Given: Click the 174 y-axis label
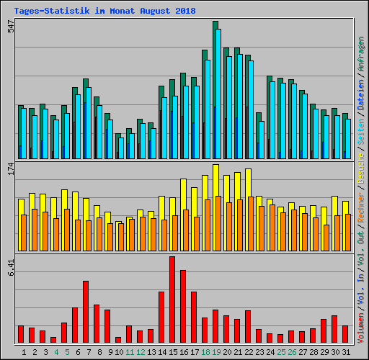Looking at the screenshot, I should (x=9, y=169).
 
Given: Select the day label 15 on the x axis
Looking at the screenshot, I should (x=172, y=352).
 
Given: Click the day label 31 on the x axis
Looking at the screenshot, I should (x=345, y=352).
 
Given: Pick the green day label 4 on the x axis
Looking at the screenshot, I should (x=55, y=352).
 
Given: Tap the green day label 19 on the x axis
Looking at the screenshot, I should (x=215, y=352).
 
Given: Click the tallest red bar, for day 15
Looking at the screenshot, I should (x=172, y=299).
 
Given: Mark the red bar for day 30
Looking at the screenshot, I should (x=334, y=328).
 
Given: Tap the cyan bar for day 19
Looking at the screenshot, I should (x=218, y=94).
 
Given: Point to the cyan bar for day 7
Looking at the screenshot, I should (x=88, y=122).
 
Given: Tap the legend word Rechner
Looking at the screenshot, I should (x=361, y=215).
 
